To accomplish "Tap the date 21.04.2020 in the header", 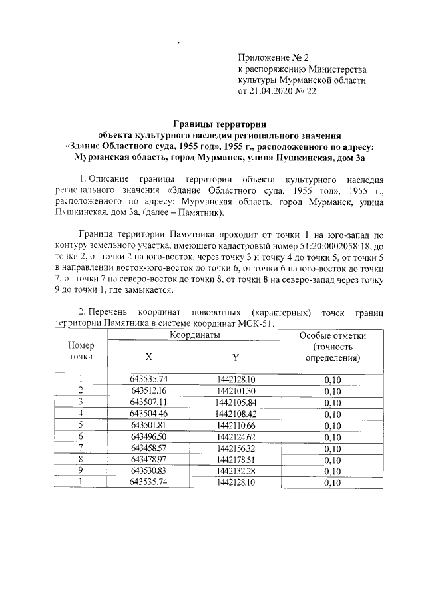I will click(270, 91).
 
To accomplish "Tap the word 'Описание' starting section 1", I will click(112, 180).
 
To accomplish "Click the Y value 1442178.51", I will click(236, 459).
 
